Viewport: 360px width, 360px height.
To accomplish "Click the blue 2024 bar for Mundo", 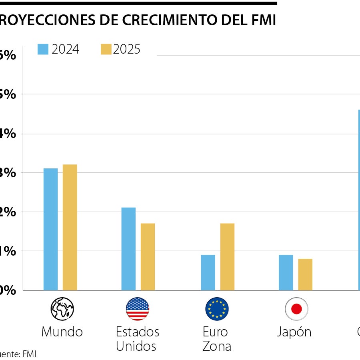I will pyautogui.click(x=50, y=229).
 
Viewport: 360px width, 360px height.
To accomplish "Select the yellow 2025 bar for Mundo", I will pyautogui.click(x=70, y=227).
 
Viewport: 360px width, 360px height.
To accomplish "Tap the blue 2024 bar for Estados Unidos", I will pyautogui.click(x=128, y=249).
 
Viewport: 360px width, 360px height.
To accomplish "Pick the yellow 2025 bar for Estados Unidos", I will pyautogui.click(x=148, y=256).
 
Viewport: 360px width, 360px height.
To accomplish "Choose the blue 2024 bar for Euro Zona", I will pyautogui.click(x=208, y=272).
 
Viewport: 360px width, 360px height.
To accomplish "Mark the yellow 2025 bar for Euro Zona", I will pyautogui.click(x=227, y=256).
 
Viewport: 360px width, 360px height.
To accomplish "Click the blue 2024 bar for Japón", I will pyautogui.click(x=286, y=272).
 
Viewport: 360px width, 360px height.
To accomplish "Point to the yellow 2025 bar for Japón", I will pyautogui.click(x=305, y=274).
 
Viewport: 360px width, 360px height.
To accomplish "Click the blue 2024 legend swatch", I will pyautogui.click(x=43, y=49).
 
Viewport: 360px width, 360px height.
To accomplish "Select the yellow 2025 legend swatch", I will pyautogui.click(x=106, y=49).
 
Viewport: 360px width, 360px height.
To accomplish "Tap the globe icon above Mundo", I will pyautogui.click(x=62, y=309).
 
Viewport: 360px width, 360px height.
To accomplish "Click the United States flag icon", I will pyautogui.click(x=137, y=309).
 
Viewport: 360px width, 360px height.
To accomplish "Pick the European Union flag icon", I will pyautogui.click(x=217, y=309).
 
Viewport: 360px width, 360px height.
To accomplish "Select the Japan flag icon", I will pyautogui.click(x=296, y=309).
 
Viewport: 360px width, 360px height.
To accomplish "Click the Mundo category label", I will pyautogui.click(x=62, y=332).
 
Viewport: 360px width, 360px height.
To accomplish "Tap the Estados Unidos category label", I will pyautogui.click(x=137, y=338).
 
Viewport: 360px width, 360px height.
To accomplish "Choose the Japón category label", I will pyautogui.click(x=294, y=332).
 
